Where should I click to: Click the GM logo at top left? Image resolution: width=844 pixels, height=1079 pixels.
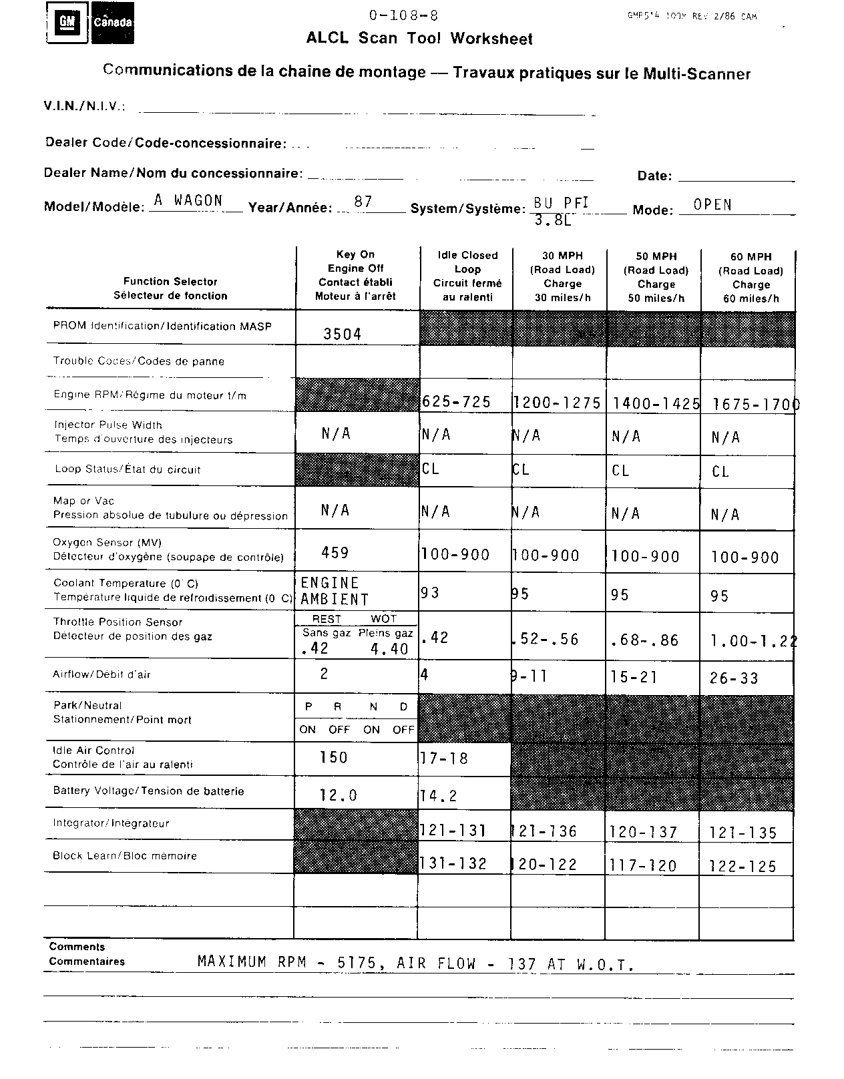pos(67,22)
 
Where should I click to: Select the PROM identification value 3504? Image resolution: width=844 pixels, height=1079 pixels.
pos(342,334)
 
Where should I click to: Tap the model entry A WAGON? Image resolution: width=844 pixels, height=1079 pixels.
pos(188,200)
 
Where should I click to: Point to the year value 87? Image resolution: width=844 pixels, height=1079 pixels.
pos(363,201)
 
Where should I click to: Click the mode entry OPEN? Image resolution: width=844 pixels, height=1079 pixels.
pos(712,204)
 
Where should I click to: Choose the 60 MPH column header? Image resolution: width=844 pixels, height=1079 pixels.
pos(751,276)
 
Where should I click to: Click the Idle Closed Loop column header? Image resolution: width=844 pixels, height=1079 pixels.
pos(467,276)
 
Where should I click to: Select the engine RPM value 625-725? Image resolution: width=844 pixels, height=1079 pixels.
pos(457,401)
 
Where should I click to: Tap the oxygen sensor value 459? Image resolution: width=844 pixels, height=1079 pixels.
pos(335,552)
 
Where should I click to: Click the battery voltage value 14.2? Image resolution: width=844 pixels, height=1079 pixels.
pos(439,795)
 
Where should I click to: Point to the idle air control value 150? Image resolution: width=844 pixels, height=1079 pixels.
pos(334,757)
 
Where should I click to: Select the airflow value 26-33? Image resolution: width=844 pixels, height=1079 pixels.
pos(734,678)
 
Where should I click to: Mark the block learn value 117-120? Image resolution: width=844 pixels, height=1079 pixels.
pos(644,865)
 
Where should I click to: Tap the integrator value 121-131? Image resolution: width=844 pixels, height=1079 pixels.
pos(453,831)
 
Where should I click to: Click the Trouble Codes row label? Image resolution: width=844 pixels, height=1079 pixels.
pos(139,361)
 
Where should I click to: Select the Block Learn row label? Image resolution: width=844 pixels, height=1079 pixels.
pos(125,856)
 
